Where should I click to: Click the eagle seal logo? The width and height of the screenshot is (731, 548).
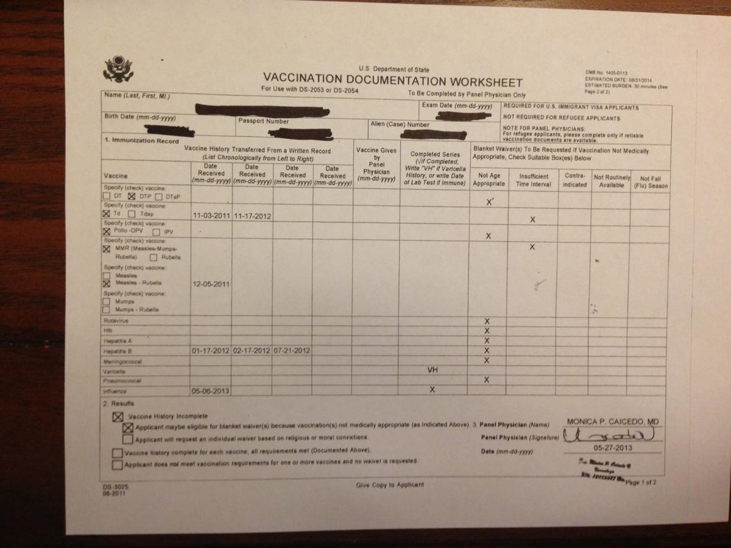(x=118, y=69)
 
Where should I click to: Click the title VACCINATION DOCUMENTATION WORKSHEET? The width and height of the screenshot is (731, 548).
(x=392, y=82)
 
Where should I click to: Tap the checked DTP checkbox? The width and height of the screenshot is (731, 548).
(x=131, y=197)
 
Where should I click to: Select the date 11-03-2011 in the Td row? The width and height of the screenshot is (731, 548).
(x=210, y=216)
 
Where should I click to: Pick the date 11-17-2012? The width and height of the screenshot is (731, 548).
(x=252, y=216)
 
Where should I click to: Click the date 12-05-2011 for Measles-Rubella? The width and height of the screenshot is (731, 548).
(x=210, y=284)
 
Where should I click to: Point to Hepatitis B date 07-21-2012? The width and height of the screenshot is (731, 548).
(x=292, y=351)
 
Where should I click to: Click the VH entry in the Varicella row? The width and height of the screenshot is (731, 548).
(x=433, y=370)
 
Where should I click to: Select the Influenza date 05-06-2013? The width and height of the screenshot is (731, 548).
(x=210, y=391)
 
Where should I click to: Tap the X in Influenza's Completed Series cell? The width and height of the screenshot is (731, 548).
(x=433, y=390)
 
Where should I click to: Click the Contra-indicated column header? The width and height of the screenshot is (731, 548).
(x=574, y=180)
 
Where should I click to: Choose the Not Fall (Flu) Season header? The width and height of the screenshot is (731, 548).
(x=649, y=182)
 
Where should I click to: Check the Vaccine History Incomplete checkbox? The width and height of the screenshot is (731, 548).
(x=117, y=417)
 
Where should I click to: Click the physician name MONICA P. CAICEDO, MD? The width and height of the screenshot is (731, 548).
(x=613, y=422)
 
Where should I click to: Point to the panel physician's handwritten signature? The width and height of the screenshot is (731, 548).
(x=611, y=435)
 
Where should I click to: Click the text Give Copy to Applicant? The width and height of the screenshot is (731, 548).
(x=390, y=485)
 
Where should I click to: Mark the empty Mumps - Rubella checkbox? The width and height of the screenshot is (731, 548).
(x=107, y=310)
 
